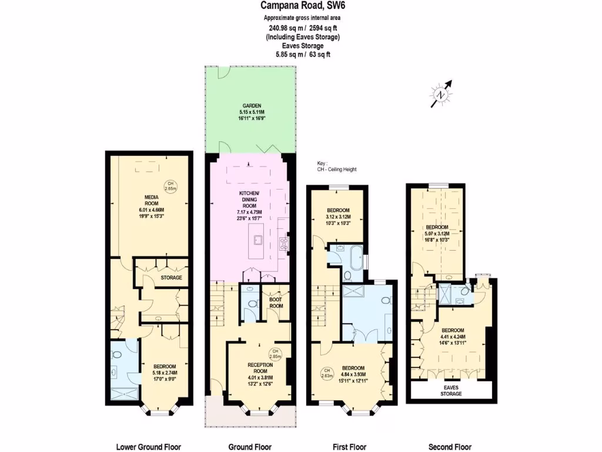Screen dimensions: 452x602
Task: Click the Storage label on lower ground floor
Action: (x=171, y=277)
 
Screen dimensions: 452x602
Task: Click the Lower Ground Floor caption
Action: (x=148, y=447)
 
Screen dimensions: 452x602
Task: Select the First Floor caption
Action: (x=351, y=447)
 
